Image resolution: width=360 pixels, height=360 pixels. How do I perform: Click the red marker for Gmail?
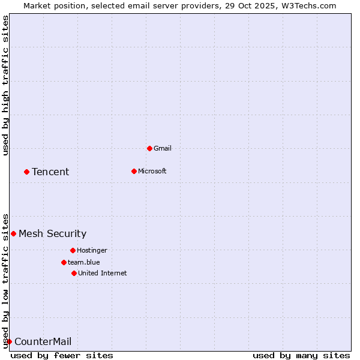click(149, 148)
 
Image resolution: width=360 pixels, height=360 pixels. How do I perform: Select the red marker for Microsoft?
click(134, 171)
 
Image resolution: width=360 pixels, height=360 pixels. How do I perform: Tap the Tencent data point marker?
click(26, 172)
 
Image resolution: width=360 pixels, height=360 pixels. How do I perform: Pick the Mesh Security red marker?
click(13, 233)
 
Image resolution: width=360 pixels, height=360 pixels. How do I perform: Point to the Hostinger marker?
click(73, 250)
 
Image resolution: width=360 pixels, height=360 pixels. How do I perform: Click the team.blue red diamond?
click(64, 262)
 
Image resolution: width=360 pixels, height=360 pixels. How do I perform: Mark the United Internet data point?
click(74, 273)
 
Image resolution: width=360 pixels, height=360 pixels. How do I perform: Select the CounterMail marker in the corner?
click(9, 341)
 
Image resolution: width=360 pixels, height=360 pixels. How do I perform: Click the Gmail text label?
click(163, 148)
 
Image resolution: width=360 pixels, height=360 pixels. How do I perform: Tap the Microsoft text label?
click(152, 171)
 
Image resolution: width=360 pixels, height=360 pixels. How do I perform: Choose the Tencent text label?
click(50, 172)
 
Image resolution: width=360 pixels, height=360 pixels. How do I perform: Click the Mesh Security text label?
click(52, 233)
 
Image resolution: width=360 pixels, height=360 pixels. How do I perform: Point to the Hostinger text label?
click(92, 250)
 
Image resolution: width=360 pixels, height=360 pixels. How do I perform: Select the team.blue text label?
click(84, 262)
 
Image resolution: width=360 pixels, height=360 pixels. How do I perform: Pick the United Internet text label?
click(103, 273)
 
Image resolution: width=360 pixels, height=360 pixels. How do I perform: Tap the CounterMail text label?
click(43, 341)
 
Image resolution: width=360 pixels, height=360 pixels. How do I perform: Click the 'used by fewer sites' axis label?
click(62, 355)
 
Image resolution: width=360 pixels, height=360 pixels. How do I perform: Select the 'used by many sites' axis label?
click(301, 355)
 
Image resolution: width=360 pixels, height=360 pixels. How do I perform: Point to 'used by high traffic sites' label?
click(6, 85)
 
